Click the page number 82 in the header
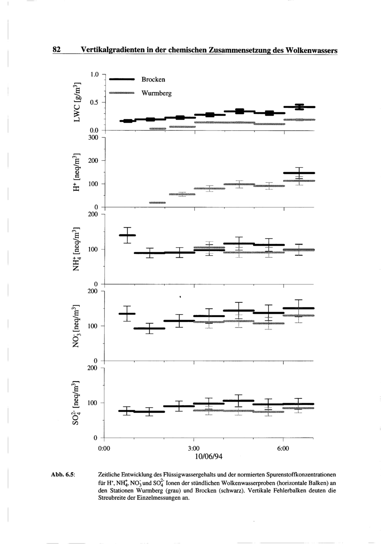click(57, 50)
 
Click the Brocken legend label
click(153, 80)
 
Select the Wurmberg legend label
click(156, 94)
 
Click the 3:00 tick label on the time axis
click(194, 448)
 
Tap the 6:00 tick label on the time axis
click(283, 448)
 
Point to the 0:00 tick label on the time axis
click(104, 448)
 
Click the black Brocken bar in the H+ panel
click(299, 173)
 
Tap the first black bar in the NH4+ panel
click(127, 235)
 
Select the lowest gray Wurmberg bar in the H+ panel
click(157, 203)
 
